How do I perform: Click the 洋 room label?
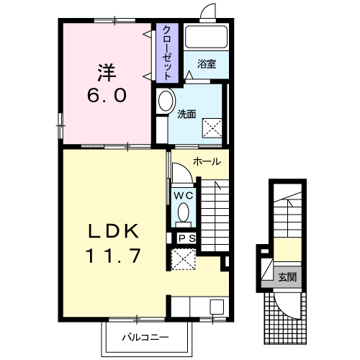pos(107,73)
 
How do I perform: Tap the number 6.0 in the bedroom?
pos(107,95)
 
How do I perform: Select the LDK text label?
pos(114,231)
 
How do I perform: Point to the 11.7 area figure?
pos(113,256)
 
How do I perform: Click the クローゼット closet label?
pos(167,53)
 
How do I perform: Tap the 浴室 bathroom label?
pos(207,64)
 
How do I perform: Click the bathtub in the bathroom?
pos(207,37)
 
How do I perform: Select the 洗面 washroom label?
pos(186,114)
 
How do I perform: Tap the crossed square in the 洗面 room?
pos(212,128)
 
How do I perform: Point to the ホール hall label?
pos(207,162)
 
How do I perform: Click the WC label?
pos(184,196)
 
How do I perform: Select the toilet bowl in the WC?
pos(184,212)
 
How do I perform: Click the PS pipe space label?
pos(187,238)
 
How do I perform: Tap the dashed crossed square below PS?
pos(183,259)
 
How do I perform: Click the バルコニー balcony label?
pos(145,338)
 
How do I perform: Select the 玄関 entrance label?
pos(287,277)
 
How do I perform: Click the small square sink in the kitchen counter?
pos(217,307)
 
